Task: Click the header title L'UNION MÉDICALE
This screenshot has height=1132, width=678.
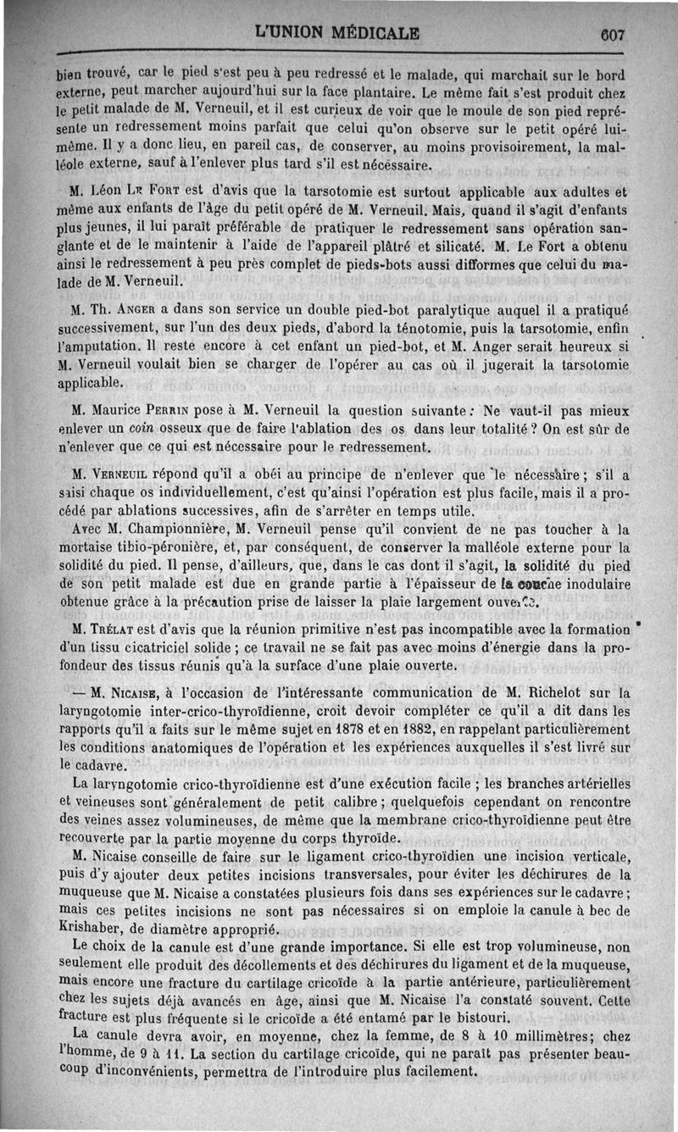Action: click(338, 33)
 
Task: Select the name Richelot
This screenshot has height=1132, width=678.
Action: click(561, 691)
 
